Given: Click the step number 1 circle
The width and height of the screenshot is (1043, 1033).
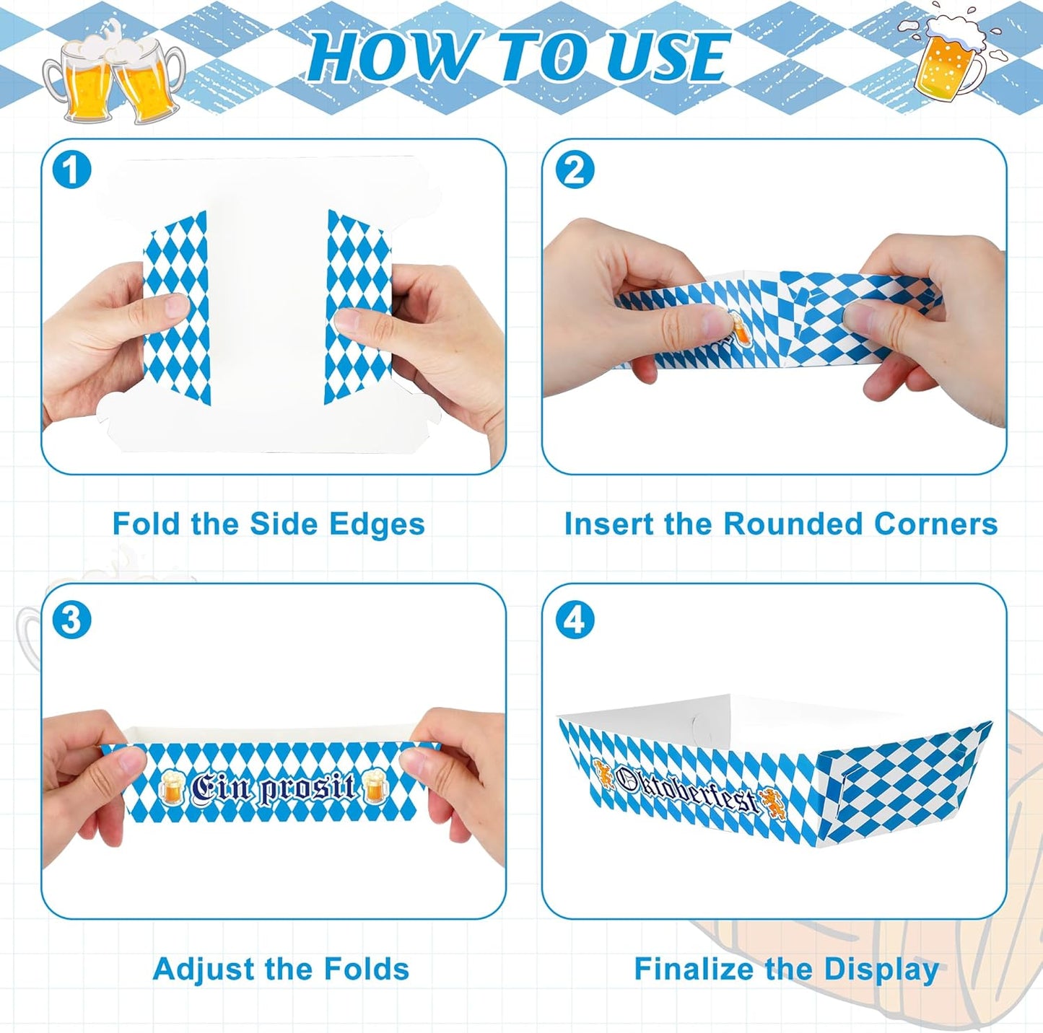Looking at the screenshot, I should (71, 171).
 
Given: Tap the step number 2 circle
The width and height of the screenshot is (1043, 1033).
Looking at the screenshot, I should (575, 171).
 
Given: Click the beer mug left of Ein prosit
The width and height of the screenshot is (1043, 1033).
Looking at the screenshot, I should (171, 788).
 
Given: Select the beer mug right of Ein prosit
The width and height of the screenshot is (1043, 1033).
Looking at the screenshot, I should (375, 787).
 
